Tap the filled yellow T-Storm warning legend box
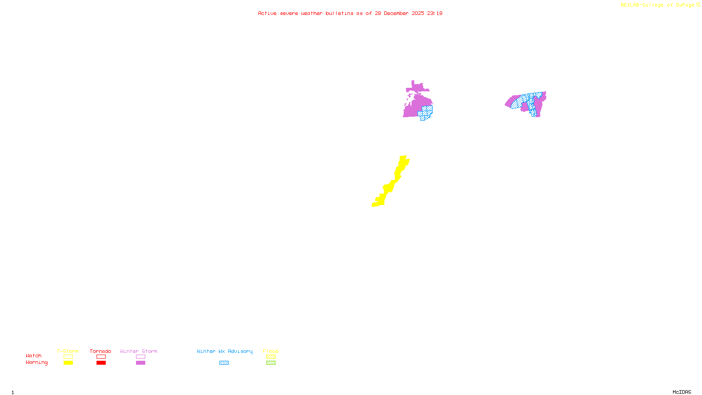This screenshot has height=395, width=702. pyautogui.click(x=68, y=363)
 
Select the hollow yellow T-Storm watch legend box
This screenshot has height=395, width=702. pyautogui.click(x=68, y=357)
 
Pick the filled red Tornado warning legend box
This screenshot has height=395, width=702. pyautogui.click(x=101, y=363)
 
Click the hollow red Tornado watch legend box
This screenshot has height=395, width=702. pyautogui.click(x=101, y=357)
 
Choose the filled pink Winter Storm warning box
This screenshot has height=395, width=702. pyautogui.click(x=140, y=363)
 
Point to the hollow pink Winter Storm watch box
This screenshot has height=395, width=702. pyautogui.click(x=140, y=357)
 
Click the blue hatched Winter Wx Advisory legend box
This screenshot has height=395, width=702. pyautogui.click(x=224, y=363)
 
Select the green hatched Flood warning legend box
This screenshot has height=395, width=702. pyautogui.click(x=271, y=363)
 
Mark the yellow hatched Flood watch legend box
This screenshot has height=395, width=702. pyautogui.click(x=271, y=357)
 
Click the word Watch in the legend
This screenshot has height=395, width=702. pyautogui.click(x=34, y=356)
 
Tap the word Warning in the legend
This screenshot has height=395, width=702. pyautogui.click(x=37, y=363)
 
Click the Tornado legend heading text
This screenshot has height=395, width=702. pyautogui.click(x=100, y=351)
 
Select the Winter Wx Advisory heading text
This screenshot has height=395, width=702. pyautogui.click(x=225, y=351)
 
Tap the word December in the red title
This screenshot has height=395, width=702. pyautogui.click(x=396, y=13)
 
